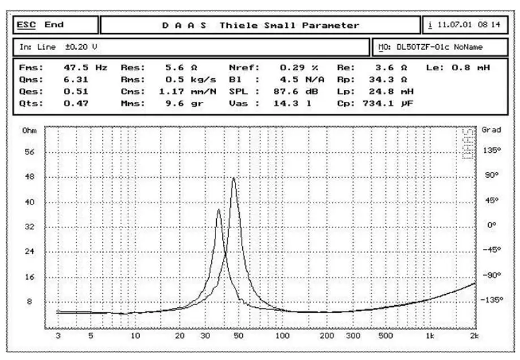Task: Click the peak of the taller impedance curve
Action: click(x=234, y=178)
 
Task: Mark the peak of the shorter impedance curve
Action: click(x=218, y=209)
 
